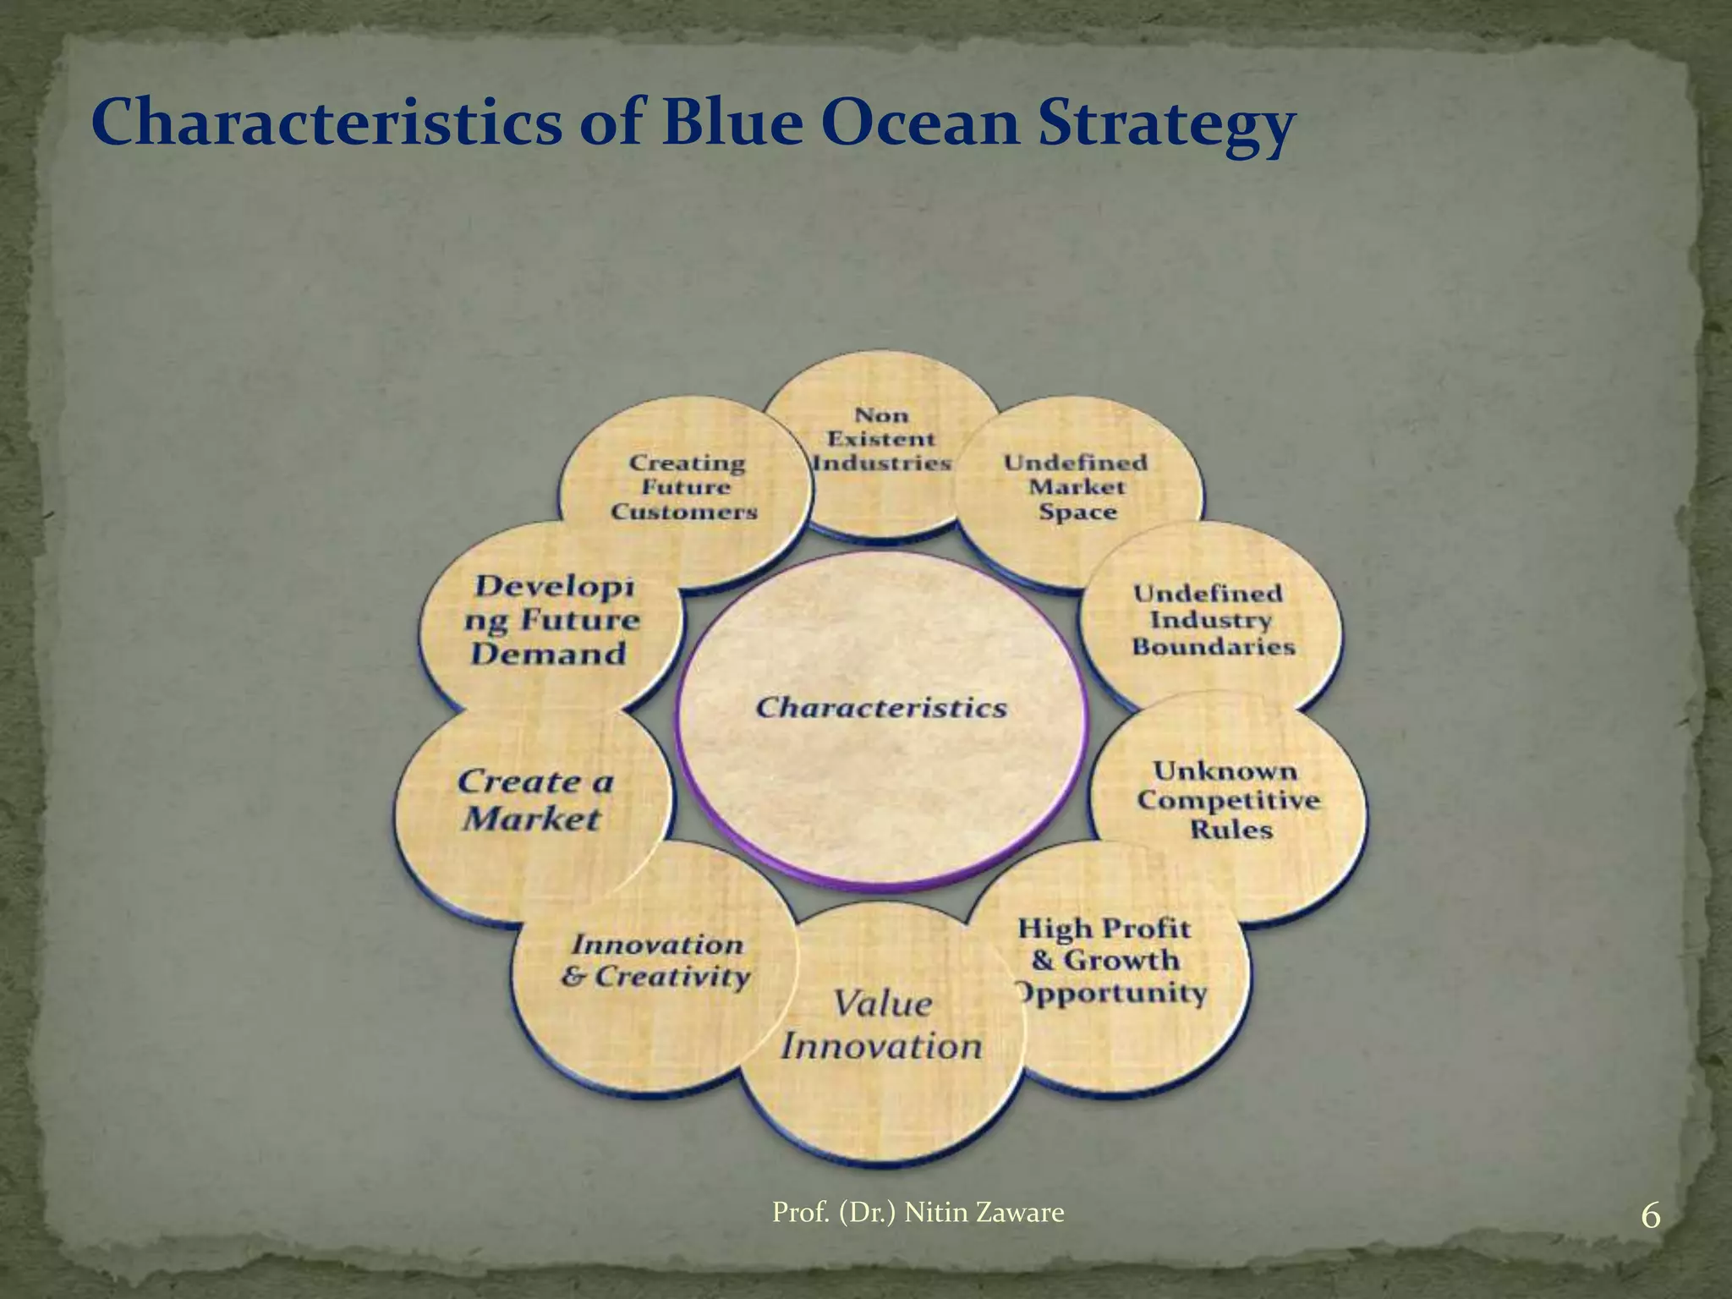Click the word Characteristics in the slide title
(326, 123)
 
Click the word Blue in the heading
(728, 123)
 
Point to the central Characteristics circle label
(880, 707)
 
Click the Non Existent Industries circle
(881, 439)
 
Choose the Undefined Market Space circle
(1076, 487)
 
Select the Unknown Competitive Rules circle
(1228, 800)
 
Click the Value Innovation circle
(881, 1025)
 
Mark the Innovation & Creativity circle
(655, 961)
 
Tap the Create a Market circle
(534, 800)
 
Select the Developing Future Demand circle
(551, 620)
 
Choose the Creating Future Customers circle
(685, 487)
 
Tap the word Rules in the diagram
(1230, 830)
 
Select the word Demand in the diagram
(548, 654)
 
